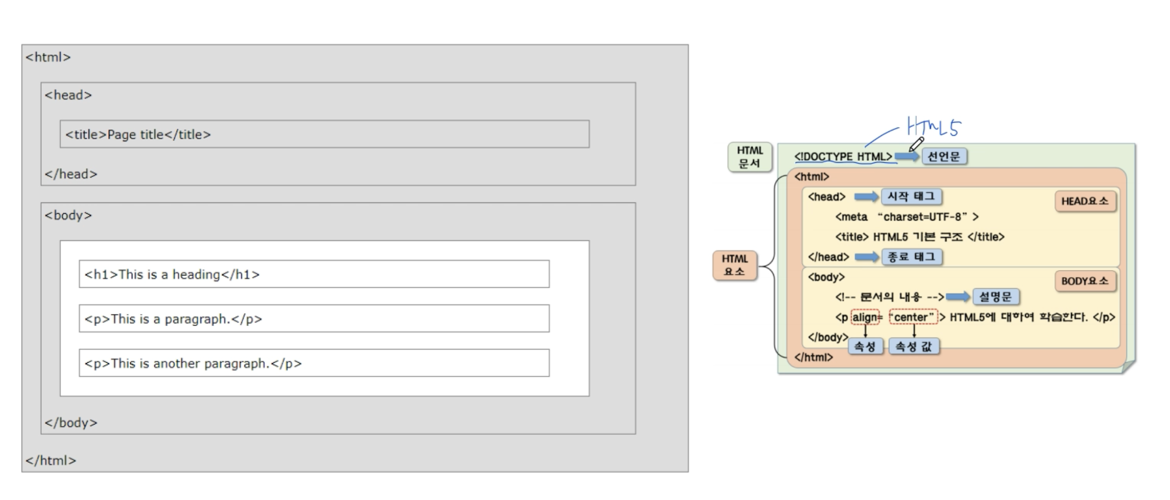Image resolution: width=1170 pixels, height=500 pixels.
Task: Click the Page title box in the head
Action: (324, 134)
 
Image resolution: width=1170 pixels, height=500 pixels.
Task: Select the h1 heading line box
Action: (314, 274)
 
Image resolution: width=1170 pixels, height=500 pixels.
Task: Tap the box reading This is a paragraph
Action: (314, 319)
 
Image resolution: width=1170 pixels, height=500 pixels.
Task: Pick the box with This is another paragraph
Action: (314, 363)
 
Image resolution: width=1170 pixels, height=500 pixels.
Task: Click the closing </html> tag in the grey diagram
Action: (51, 460)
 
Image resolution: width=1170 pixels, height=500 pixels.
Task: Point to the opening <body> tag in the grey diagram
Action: (68, 215)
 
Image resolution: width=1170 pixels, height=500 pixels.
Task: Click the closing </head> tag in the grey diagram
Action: (71, 174)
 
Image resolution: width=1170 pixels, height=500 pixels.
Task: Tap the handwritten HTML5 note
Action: (933, 126)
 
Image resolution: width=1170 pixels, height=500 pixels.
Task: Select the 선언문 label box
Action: (944, 156)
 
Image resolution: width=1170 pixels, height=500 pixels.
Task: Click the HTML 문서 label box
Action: (750, 157)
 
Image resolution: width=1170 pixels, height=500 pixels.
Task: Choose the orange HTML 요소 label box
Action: (734, 265)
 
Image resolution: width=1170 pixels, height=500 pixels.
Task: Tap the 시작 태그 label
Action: (911, 197)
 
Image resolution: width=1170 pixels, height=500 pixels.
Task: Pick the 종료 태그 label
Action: (912, 257)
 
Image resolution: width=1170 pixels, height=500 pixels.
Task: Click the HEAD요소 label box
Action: (1085, 201)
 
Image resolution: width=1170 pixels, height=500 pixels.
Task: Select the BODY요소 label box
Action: (1085, 281)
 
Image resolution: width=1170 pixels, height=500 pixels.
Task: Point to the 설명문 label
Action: (996, 297)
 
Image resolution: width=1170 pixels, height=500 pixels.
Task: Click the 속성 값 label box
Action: (914, 347)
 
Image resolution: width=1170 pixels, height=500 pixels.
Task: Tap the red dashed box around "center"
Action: (913, 317)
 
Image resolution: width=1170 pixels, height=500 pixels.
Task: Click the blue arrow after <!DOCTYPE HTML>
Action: (907, 156)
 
